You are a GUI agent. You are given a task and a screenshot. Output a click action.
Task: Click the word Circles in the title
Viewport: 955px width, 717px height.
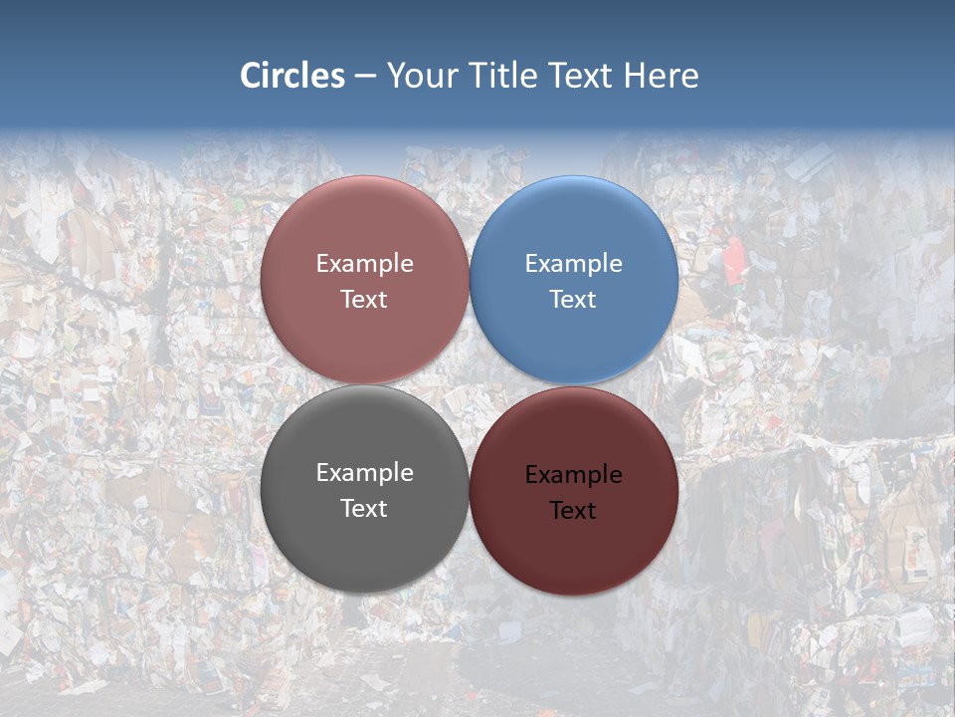(292, 76)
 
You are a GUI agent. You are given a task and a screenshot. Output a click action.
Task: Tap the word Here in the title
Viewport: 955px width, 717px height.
(662, 76)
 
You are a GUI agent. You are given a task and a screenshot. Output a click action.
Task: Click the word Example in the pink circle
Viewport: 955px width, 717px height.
(364, 264)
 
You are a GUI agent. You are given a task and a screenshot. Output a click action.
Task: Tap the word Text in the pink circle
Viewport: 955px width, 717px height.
(364, 300)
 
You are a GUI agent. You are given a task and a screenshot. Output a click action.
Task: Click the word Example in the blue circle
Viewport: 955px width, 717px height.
(573, 264)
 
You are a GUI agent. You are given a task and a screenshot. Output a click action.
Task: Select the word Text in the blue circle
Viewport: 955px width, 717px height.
(573, 300)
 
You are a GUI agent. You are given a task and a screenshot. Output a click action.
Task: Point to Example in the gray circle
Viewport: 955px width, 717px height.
(364, 473)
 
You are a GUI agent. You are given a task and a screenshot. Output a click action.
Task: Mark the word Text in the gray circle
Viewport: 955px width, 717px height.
(364, 509)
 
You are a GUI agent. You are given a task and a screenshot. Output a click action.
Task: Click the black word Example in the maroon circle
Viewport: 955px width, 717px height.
(573, 475)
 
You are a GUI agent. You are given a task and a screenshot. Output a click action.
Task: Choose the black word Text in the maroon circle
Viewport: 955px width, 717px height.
(573, 511)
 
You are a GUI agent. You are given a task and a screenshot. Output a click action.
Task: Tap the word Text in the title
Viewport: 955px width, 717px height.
(582, 76)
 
